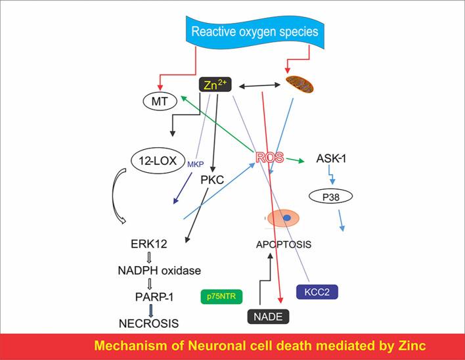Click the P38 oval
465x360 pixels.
coord(332,196)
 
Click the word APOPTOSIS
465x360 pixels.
coord(283,244)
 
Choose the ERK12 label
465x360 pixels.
coord(149,244)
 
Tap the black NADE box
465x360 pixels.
coord(270,317)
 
